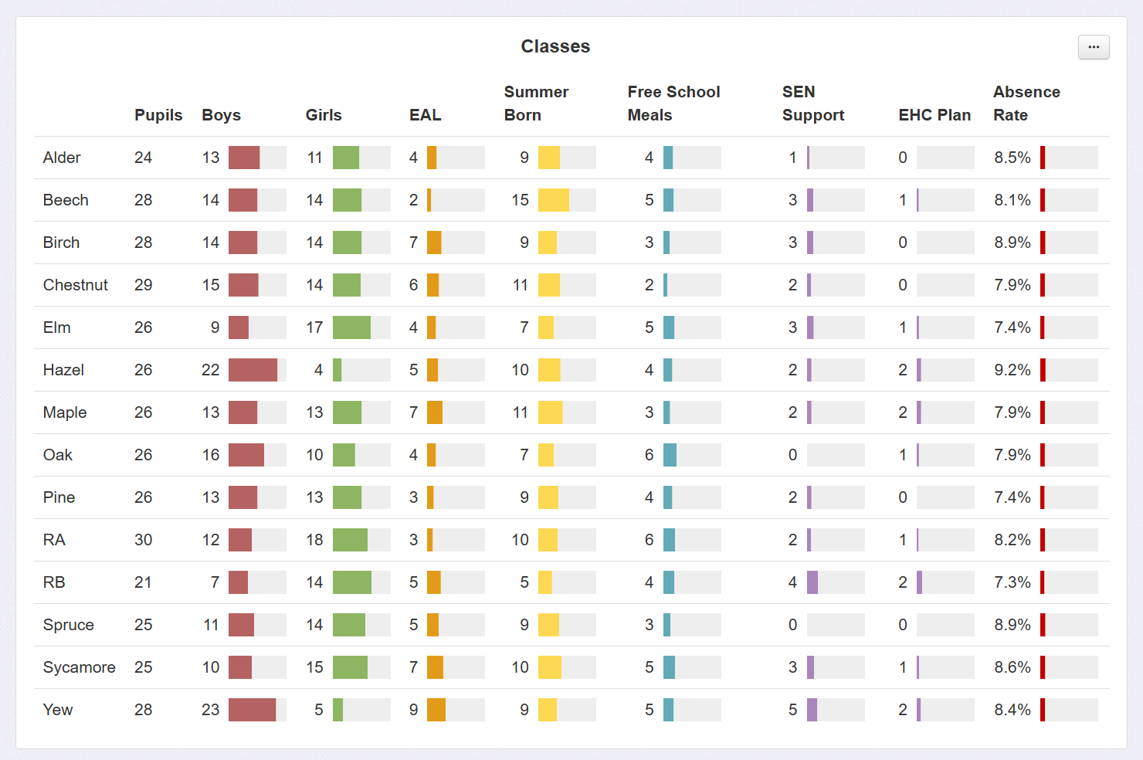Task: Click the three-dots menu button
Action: click(1094, 47)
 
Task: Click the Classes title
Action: click(555, 46)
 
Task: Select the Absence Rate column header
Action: click(1026, 103)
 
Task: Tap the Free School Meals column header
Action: click(673, 103)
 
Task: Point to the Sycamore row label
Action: click(79, 667)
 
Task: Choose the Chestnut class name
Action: click(76, 285)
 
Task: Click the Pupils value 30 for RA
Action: click(144, 540)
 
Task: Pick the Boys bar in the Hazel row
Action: click(253, 370)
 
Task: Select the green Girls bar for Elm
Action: click(351, 327)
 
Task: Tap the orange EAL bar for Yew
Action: click(436, 710)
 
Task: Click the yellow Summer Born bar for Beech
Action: click(554, 200)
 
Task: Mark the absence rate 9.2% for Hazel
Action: click(1012, 370)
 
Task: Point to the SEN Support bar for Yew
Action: click(812, 710)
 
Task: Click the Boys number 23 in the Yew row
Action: click(211, 710)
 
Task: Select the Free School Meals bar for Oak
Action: click(670, 455)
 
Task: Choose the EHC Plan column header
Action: click(934, 115)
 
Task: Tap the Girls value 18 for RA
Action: click(314, 540)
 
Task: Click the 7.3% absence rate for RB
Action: click(1012, 582)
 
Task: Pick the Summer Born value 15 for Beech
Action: click(520, 200)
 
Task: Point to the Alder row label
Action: click(62, 158)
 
